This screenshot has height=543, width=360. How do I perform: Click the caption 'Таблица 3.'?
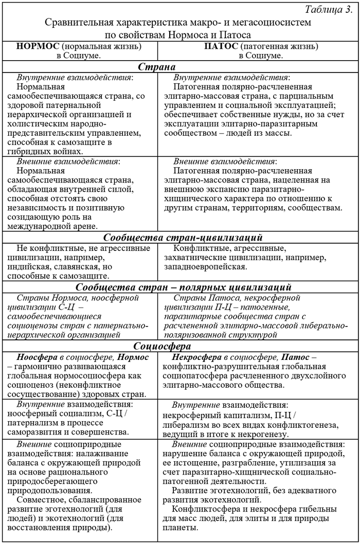pyautogui.click(x=328, y=10)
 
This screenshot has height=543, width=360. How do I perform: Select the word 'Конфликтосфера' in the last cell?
pyautogui.click(x=204, y=509)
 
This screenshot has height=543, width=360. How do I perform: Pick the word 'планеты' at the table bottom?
pyautogui.click(x=179, y=529)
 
